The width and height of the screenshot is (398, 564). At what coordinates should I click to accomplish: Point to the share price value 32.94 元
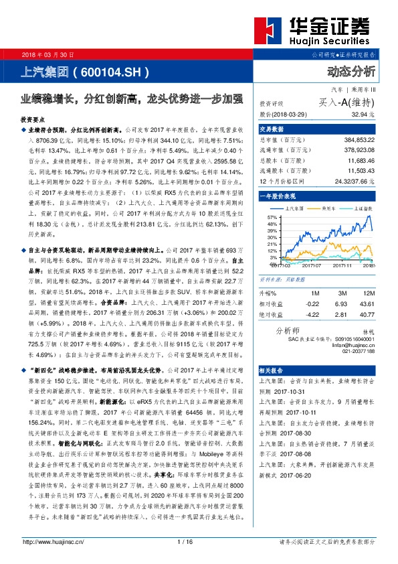pos(361,115)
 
